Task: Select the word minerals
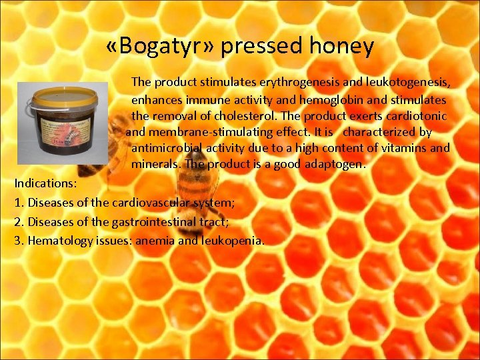(x=155, y=164)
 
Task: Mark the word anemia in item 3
(x=155, y=240)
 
